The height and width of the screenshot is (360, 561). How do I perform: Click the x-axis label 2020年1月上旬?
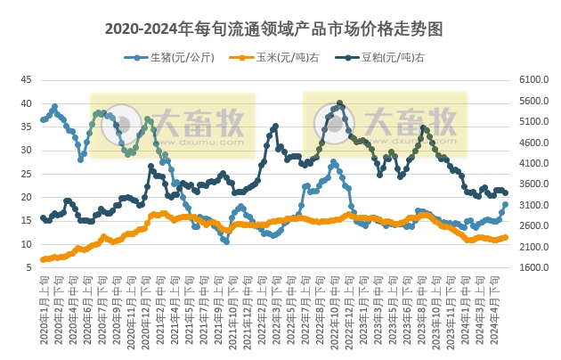coord(45,303)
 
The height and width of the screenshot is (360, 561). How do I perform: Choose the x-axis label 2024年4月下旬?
coord(504,303)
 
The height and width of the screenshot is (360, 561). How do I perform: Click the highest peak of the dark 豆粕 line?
coord(340,103)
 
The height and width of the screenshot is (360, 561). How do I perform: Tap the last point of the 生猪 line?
coord(506,204)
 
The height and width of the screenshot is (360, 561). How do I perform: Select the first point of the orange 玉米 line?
coord(43,259)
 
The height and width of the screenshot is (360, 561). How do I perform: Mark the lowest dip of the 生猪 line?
coord(226,241)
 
